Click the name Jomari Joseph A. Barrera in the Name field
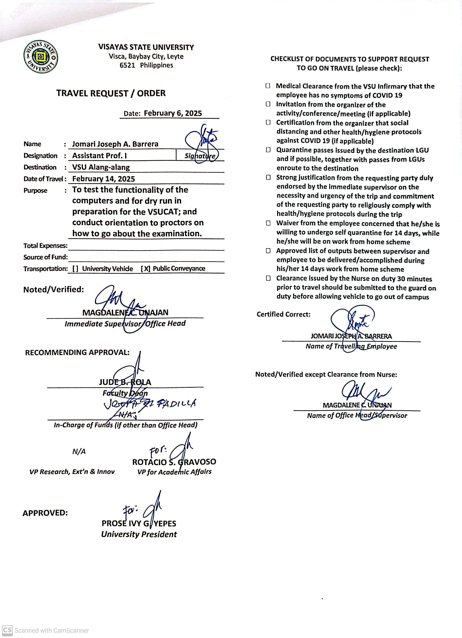point(115,144)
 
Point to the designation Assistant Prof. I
point(99,156)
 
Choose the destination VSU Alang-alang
point(101,167)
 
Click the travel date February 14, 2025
point(103,179)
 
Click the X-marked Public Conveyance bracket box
point(145,269)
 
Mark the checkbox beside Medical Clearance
point(268,86)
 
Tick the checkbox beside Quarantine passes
point(268,150)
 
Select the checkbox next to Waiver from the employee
point(268,223)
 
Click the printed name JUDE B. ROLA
point(125,382)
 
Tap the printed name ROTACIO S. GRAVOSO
point(174,462)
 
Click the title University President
point(139,534)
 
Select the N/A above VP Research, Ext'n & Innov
point(79,452)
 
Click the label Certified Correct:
point(283,314)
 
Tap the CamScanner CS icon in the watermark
point(7,630)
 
